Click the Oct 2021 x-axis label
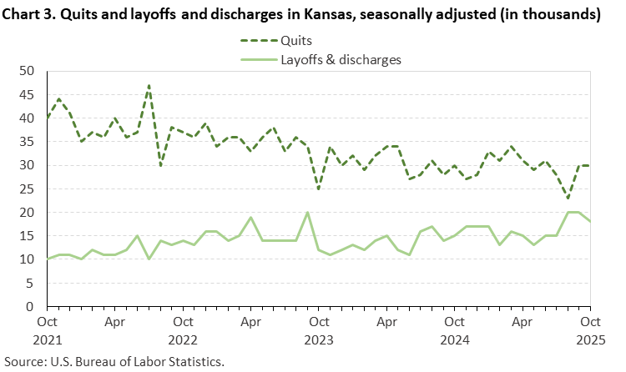pos(48,328)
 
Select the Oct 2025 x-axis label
pos(589,328)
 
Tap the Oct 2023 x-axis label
pos(318,328)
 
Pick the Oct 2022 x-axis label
pos(183,328)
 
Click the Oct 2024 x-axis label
pos(454,328)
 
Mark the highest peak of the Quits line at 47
pos(149,85)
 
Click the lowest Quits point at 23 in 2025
pos(567,199)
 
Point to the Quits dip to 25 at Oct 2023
pos(318,189)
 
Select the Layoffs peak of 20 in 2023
pos(307,213)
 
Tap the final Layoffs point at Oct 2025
pos(589,222)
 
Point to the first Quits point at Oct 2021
pos(48,118)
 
